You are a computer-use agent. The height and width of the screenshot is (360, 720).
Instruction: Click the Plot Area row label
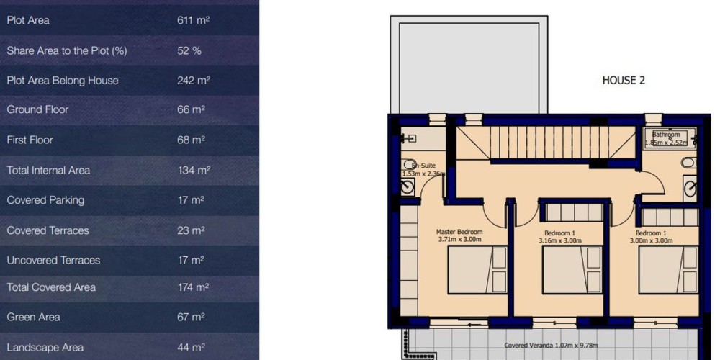[28, 20]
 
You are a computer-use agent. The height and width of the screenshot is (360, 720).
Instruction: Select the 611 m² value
[193, 20]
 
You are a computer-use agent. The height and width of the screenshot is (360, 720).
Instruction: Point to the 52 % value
[189, 50]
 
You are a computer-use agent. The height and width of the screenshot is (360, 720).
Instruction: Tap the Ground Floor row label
[37, 109]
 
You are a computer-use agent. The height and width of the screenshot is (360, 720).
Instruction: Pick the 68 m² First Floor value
[191, 140]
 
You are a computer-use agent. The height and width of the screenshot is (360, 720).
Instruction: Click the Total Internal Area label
[48, 171]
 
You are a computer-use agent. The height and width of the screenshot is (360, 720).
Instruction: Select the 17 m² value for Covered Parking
[191, 200]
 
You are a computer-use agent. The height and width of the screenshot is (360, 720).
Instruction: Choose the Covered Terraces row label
[48, 230]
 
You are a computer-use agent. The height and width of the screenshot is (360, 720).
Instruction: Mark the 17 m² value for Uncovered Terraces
[191, 261]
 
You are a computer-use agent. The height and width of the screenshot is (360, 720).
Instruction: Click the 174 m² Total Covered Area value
[193, 287]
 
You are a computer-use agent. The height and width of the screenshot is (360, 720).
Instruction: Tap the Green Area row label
[34, 318]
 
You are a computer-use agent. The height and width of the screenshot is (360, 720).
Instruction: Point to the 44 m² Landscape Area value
[191, 348]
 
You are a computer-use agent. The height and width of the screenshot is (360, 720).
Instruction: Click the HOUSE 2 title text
[624, 81]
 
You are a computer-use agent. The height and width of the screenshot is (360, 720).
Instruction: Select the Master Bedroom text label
[459, 232]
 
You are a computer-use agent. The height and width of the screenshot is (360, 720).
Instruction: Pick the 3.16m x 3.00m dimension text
[559, 240]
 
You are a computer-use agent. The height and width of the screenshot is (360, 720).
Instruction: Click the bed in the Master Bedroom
[477, 270]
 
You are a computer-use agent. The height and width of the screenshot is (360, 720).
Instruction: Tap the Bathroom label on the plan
[666, 135]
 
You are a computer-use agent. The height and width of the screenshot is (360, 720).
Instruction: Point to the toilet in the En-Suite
[409, 164]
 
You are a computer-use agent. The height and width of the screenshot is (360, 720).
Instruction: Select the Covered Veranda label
[551, 346]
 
